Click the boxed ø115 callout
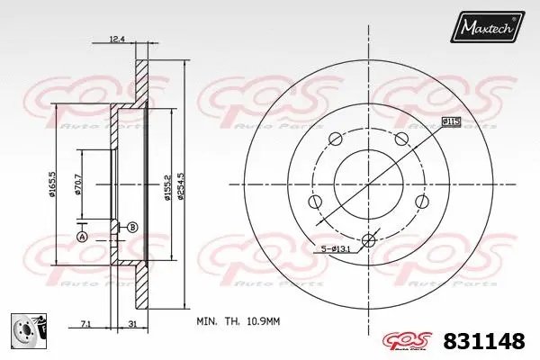[x=451, y=121]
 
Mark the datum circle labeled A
[x=81, y=237]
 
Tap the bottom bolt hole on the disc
[x=367, y=239]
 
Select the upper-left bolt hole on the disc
[x=336, y=139]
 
